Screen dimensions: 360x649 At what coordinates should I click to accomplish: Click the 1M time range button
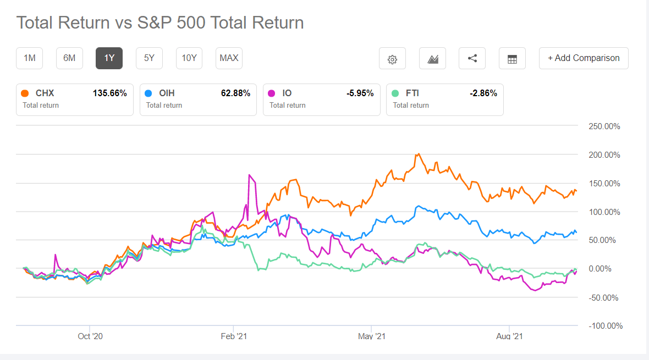pos(30,58)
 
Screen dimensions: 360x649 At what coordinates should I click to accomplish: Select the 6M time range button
pos(69,58)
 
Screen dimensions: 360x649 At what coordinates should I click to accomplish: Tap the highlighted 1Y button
pos(109,58)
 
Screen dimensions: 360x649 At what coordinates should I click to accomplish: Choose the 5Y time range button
pos(149,58)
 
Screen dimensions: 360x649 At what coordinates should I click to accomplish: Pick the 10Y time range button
pos(189,58)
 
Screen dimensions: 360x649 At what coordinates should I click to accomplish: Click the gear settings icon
pos(392,59)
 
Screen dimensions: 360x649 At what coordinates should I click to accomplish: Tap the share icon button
pos(472,58)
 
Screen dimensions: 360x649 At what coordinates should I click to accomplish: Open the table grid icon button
pos(512,59)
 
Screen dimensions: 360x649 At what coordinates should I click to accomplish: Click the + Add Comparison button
pos(584,58)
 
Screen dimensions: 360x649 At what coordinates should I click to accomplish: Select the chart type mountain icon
pos(432,59)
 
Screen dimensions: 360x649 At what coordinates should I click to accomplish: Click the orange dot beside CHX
pos(25,93)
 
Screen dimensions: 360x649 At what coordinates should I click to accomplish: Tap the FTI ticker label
pos(412,93)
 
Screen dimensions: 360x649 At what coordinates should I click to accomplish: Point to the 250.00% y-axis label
pos(604,126)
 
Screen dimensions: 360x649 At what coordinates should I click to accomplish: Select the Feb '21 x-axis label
pos(234,336)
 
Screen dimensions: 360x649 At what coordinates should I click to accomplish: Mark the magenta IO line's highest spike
pos(249,175)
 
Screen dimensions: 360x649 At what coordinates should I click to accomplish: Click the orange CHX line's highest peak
pos(419,154)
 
